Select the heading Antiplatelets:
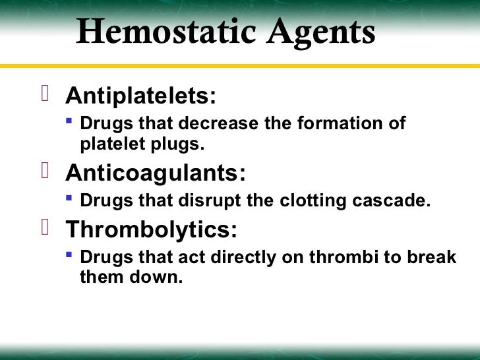click(140, 97)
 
